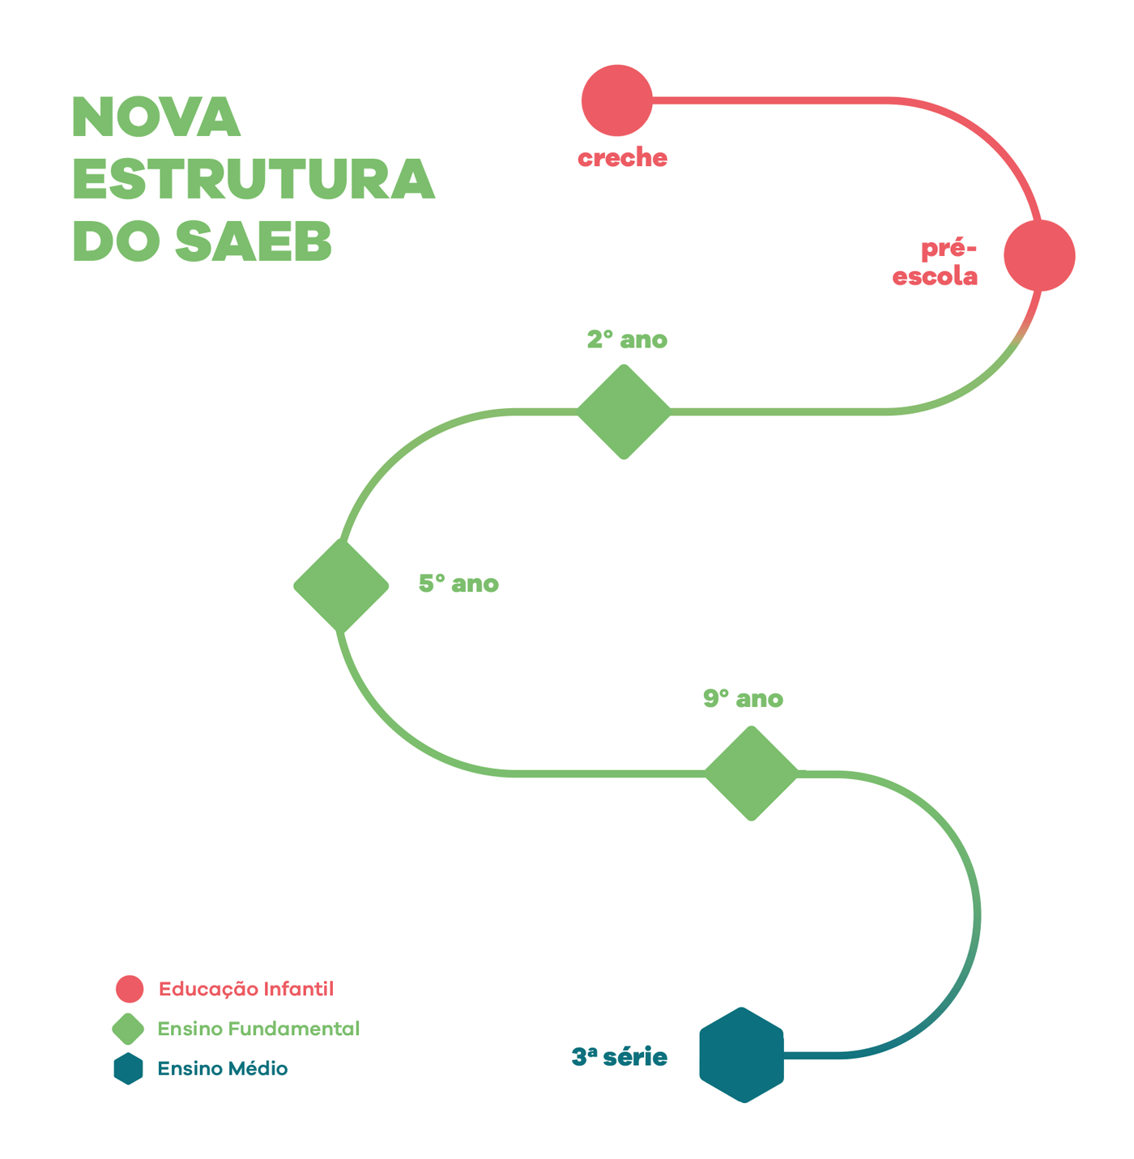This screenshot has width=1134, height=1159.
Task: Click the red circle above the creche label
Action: tap(616, 100)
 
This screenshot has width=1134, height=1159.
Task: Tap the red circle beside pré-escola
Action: tap(1039, 255)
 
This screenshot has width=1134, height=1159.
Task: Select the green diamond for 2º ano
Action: tap(624, 411)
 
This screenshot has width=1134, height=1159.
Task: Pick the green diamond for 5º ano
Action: tap(341, 585)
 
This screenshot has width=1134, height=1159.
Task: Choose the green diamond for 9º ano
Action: tap(752, 773)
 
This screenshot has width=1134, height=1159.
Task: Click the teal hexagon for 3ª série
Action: tap(741, 1055)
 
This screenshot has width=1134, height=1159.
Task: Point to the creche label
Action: tap(622, 158)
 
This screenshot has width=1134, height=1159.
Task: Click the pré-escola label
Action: tap(936, 262)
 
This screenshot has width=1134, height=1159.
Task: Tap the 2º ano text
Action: tap(627, 339)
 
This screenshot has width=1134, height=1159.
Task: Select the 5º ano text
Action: tap(458, 584)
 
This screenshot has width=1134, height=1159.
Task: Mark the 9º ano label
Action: tap(743, 699)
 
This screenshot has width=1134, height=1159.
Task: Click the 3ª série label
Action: tap(620, 1057)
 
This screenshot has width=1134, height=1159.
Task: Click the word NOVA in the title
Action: tap(156, 117)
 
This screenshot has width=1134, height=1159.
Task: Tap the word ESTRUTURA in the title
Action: tap(254, 179)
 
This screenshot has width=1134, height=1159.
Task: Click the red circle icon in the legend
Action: tap(130, 989)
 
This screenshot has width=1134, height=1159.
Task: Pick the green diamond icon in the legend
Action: tap(128, 1029)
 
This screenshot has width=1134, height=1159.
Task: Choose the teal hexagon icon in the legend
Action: tap(128, 1069)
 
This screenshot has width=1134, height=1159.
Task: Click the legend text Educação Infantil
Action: tap(246, 989)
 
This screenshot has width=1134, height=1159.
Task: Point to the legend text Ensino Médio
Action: tap(223, 1069)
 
